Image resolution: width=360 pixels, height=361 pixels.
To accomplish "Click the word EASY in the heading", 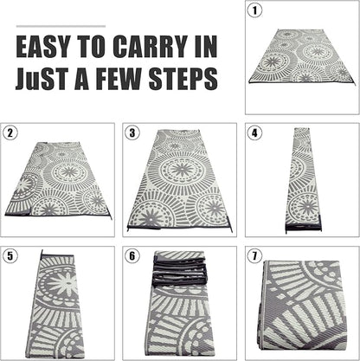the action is [43, 47].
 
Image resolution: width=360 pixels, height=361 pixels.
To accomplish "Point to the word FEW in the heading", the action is [119, 78].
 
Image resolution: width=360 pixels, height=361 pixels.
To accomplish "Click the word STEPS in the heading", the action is [183, 78].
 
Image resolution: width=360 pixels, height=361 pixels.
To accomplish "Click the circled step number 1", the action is [254, 10].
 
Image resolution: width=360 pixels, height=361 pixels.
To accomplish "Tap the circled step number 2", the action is [10, 133].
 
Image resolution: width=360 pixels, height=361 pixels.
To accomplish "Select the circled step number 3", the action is [132, 133].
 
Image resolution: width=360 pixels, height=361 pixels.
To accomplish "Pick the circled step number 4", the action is [254, 133].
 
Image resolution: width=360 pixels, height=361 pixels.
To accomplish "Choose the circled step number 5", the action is [10, 256].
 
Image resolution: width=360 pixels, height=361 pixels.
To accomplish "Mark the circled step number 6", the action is [132, 256].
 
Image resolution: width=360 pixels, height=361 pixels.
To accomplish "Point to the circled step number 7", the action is [254, 256].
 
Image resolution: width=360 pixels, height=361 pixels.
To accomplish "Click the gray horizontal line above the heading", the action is [61, 26].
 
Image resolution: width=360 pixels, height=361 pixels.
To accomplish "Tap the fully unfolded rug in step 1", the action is [303, 56].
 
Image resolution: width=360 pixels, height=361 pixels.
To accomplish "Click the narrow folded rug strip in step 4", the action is [303, 180].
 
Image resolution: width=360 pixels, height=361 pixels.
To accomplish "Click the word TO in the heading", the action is [91, 47].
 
